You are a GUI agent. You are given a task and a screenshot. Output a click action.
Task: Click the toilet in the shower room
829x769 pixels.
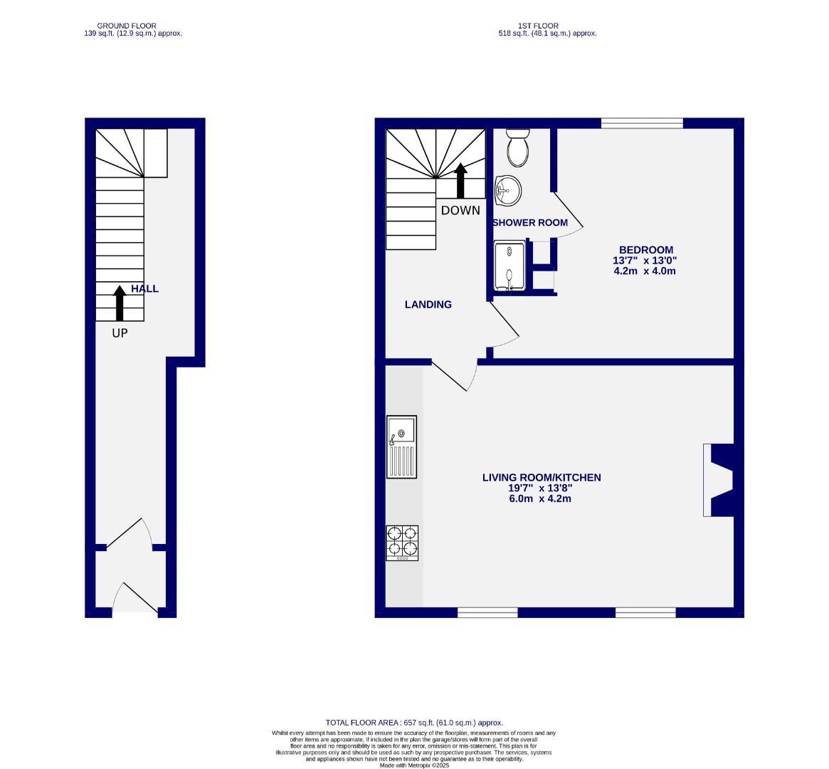pos(517,147)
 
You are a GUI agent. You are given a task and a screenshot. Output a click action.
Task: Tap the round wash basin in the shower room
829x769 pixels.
pos(508,189)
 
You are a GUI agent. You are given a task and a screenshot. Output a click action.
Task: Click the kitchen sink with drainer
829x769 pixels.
pos(402,446)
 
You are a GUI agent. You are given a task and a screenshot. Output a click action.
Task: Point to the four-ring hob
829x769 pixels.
pos(402,543)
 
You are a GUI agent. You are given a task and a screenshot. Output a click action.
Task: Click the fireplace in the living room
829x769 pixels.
pos(719,480)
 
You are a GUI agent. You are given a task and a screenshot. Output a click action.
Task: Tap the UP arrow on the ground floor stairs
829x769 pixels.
pos(120,302)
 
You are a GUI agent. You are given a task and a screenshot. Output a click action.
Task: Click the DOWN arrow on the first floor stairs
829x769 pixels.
pos(460,180)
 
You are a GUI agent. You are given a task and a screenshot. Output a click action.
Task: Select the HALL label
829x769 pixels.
pos(145,289)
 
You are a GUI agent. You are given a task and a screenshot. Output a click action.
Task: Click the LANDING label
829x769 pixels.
pos(428,305)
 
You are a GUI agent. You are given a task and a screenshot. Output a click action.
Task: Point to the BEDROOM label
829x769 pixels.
pos(645,250)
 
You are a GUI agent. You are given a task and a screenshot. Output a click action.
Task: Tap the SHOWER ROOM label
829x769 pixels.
pos(530,223)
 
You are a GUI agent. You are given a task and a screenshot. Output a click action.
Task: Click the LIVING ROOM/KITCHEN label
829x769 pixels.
pos(542,478)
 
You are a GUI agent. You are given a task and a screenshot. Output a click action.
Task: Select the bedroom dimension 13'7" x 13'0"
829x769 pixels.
pos(645,261)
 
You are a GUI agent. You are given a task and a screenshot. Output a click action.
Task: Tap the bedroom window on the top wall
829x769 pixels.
pos(642,123)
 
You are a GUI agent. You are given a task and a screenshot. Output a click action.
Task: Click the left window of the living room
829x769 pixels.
pos(487,612)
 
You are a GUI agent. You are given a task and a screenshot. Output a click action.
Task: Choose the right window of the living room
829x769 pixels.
pos(645,612)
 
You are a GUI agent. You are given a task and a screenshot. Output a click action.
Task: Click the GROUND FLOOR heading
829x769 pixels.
pos(127,26)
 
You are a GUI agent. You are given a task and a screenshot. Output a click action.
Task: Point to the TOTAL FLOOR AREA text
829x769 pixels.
pos(414,723)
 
